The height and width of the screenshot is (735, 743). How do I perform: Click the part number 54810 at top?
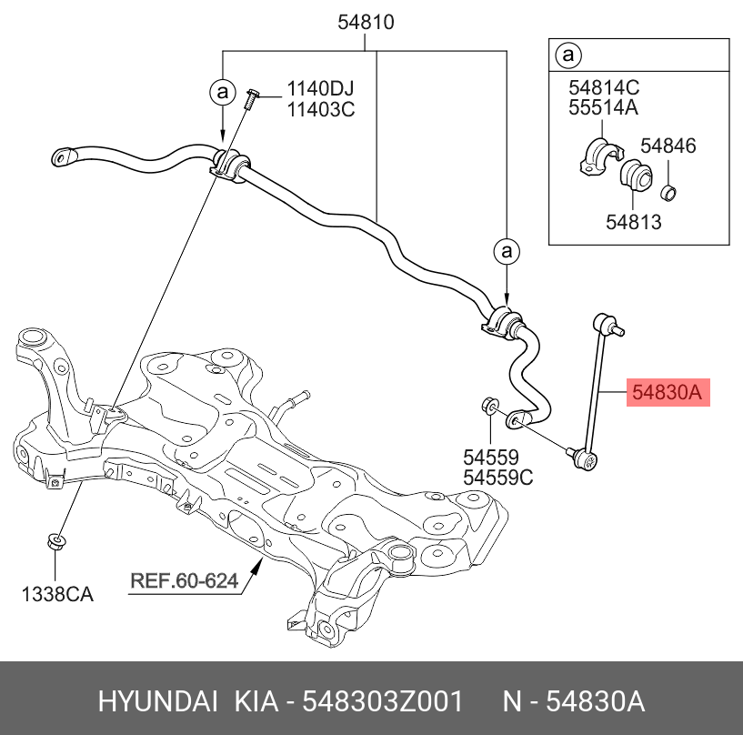[x=366, y=24]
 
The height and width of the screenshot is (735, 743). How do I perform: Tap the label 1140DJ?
[x=320, y=89]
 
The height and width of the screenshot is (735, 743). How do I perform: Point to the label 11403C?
[x=320, y=110]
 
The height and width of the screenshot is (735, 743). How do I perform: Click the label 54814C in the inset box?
[x=604, y=87]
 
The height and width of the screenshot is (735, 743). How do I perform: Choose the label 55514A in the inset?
[x=604, y=108]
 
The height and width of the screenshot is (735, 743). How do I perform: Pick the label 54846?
[x=668, y=146]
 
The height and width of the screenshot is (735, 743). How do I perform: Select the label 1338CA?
[x=57, y=595]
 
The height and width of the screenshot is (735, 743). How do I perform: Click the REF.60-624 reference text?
[x=184, y=580]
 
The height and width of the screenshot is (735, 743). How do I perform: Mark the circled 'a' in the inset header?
[x=568, y=56]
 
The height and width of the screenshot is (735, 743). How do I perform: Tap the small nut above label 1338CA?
[x=55, y=543]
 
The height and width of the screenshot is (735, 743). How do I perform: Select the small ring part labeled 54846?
[x=668, y=192]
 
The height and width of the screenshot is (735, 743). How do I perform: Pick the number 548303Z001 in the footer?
[x=382, y=701]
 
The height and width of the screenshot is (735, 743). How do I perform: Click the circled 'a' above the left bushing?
[x=222, y=91]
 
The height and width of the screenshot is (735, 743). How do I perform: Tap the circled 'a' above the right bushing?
[x=507, y=251]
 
